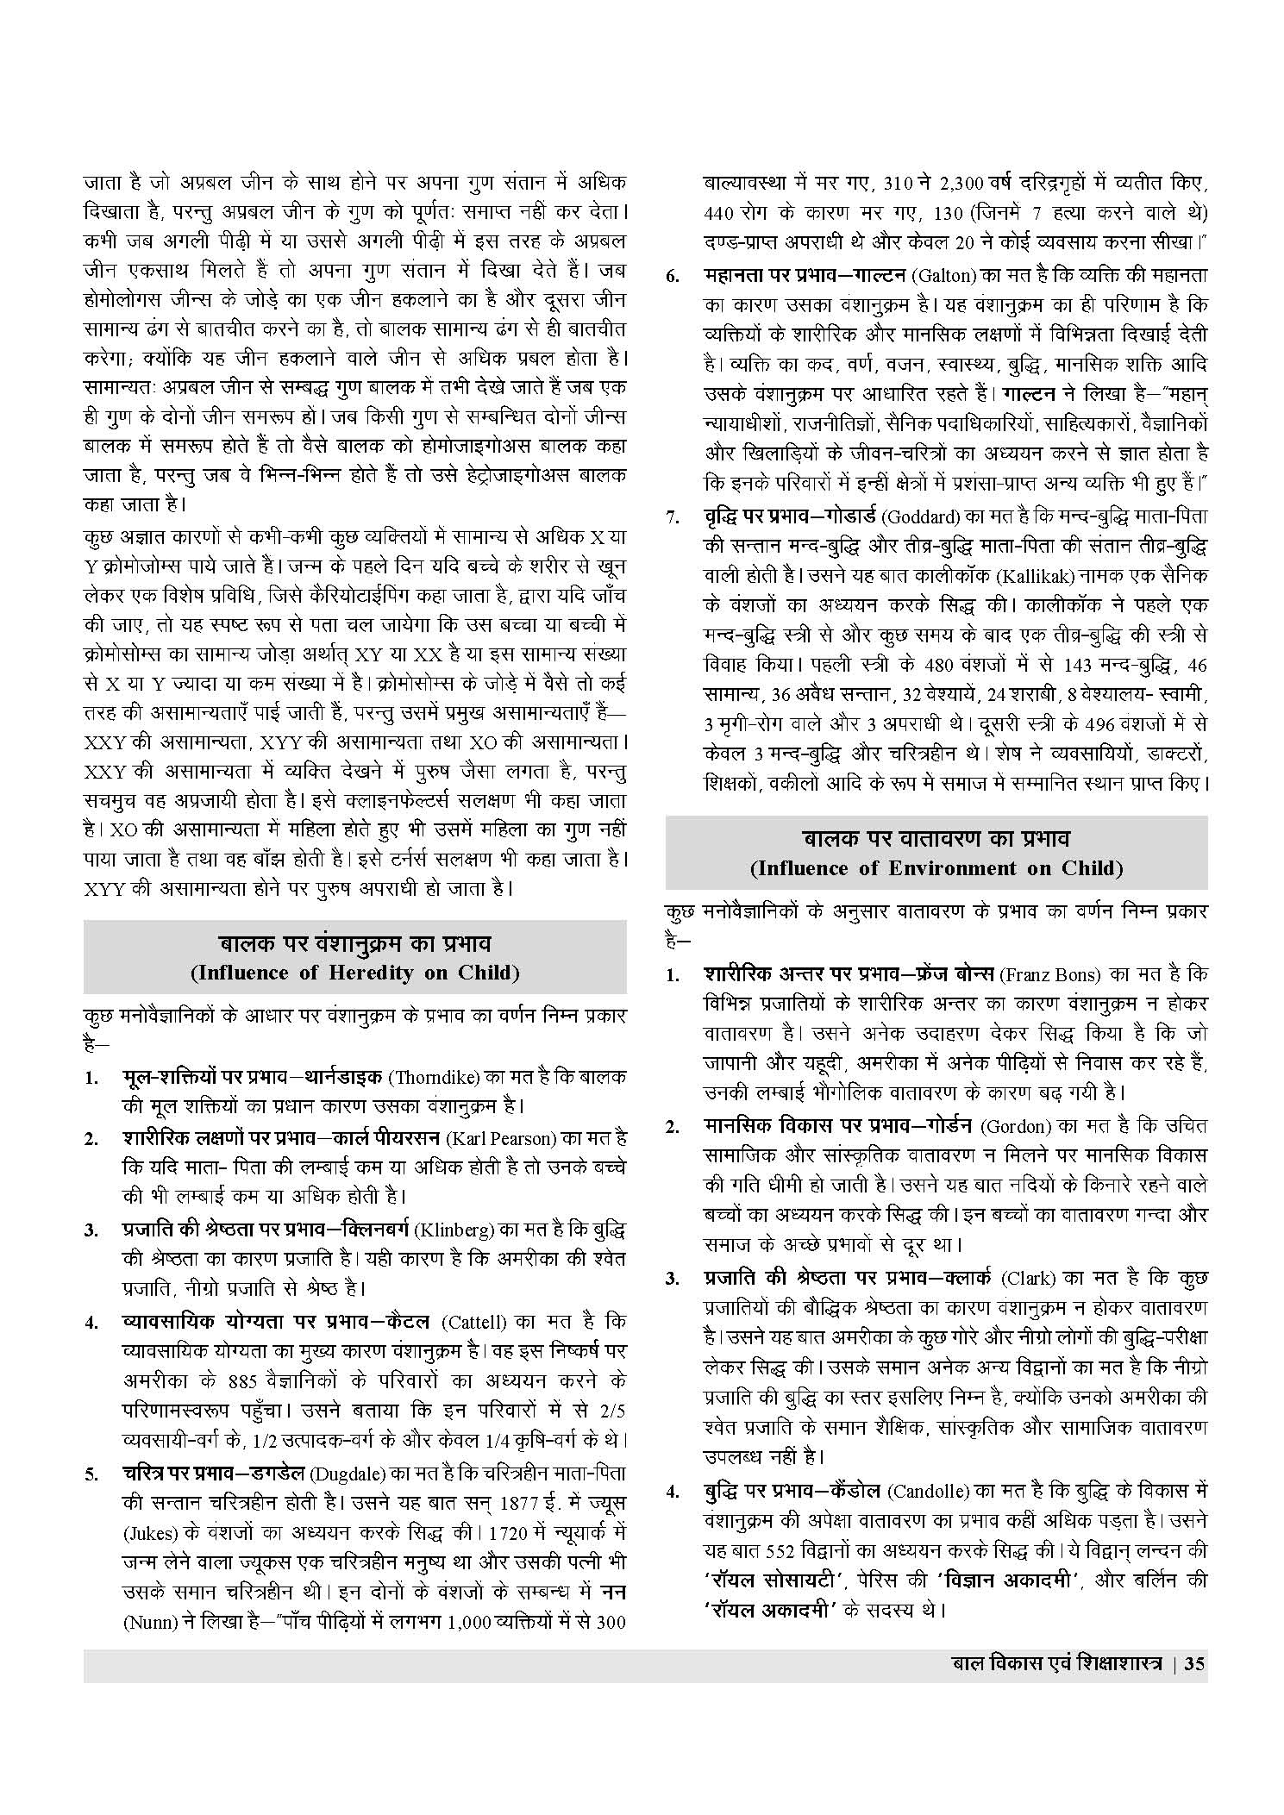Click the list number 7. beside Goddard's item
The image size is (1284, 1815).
[672, 518]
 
